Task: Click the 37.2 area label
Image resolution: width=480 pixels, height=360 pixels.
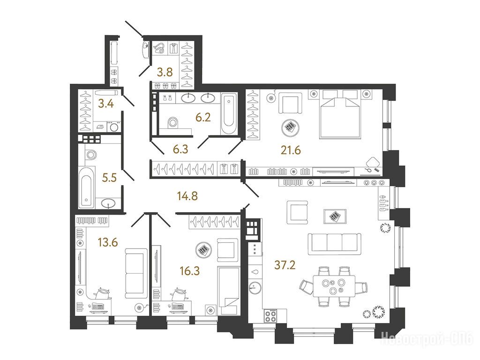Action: [x=285, y=265]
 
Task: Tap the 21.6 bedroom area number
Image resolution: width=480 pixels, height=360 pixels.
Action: [x=291, y=150]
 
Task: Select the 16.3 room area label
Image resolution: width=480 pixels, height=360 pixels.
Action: [x=190, y=270]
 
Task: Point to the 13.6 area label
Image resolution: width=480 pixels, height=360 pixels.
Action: [x=108, y=242]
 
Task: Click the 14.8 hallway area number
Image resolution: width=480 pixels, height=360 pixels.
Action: [x=187, y=196]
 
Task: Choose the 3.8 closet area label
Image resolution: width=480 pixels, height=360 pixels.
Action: [x=165, y=72]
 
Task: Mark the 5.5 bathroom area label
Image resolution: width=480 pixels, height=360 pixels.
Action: [x=109, y=177]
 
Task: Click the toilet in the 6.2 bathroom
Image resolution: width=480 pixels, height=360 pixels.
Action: [x=173, y=122]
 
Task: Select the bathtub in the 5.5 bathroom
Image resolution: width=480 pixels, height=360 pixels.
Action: [x=86, y=187]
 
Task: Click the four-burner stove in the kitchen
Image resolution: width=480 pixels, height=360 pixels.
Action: [x=270, y=315]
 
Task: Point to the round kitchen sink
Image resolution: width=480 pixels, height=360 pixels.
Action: [x=255, y=287]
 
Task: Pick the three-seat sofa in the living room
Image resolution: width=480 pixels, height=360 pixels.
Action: [x=334, y=244]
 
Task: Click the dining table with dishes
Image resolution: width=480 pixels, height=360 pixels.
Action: [x=334, y=285]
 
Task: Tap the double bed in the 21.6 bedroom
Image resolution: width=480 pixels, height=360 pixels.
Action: [x=339, y=114]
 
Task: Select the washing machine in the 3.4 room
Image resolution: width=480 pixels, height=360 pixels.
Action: [x=114, y=127]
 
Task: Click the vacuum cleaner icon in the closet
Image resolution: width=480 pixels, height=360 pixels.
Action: [x=159, y=48]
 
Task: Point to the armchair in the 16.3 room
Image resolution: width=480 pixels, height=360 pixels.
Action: [x=227, y=250]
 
